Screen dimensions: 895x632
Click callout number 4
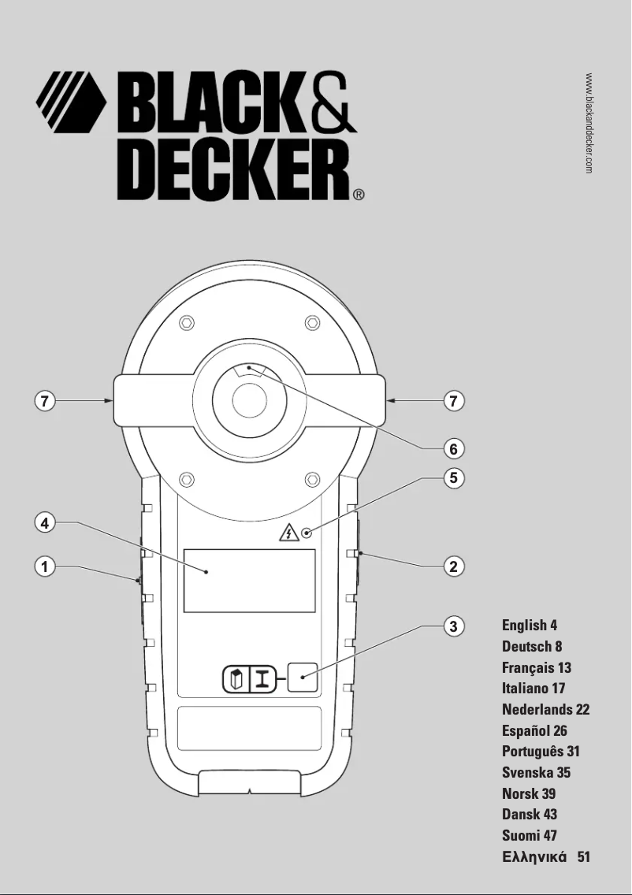coord(46,522)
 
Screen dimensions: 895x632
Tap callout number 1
coord(46,566)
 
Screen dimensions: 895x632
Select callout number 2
coord(453,566)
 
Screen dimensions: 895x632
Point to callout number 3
coord(453,626)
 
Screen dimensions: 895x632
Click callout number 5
coord(453,477)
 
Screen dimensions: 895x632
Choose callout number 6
coord(453,448)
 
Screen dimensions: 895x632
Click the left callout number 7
coord(46,401)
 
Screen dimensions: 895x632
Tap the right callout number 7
coord(453,401)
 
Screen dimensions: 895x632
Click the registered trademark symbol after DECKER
coord(358,193)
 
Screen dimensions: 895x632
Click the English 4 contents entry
coord(530,626)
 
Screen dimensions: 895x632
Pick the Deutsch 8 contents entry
coord(532,647)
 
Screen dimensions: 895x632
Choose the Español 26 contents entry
coord(534,731)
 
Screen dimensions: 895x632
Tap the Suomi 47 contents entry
coord(530,836)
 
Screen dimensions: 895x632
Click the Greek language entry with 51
coord(545,857)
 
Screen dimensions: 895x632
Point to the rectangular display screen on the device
coord(249,581)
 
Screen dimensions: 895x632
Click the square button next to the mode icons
coord(303,677)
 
